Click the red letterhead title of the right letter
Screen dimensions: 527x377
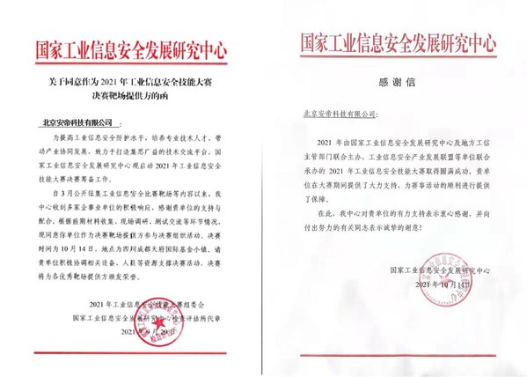point(399,41)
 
